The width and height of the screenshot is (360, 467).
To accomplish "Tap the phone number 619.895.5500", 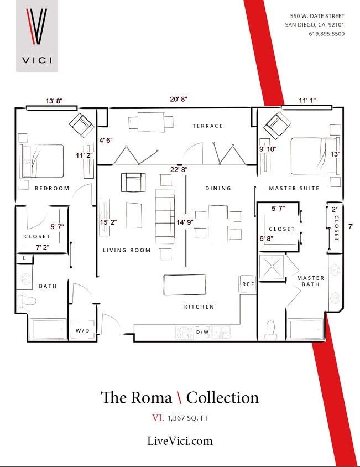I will pos(326,34).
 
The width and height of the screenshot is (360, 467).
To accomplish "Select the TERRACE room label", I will pos(208,126).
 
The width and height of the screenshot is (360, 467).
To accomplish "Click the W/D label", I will pos(82,330).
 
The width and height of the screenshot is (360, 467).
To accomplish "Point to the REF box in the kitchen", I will pos(248,284).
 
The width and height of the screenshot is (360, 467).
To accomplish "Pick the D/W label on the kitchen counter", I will pos(202,333).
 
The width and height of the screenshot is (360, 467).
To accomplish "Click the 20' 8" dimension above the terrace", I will pos(179,99).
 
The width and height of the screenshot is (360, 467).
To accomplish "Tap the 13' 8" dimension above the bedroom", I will pos(54,101).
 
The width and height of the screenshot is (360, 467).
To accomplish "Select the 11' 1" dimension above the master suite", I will pos(307,101).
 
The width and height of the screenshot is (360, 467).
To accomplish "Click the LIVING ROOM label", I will pos(127,250).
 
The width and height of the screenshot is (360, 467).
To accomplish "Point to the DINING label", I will pos(218,188).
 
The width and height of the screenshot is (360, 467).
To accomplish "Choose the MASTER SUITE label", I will pos(294,188).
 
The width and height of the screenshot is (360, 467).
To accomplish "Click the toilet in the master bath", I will pos(271,329).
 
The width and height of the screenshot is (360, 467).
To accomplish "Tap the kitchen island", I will pos(185,285).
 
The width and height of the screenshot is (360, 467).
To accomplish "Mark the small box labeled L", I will pos(24,258).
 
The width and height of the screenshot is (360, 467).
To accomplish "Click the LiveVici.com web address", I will pos(180,440).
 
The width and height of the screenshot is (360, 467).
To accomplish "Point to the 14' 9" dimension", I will pos(184,222).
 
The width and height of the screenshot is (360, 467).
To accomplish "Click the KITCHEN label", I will pos(199,307).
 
